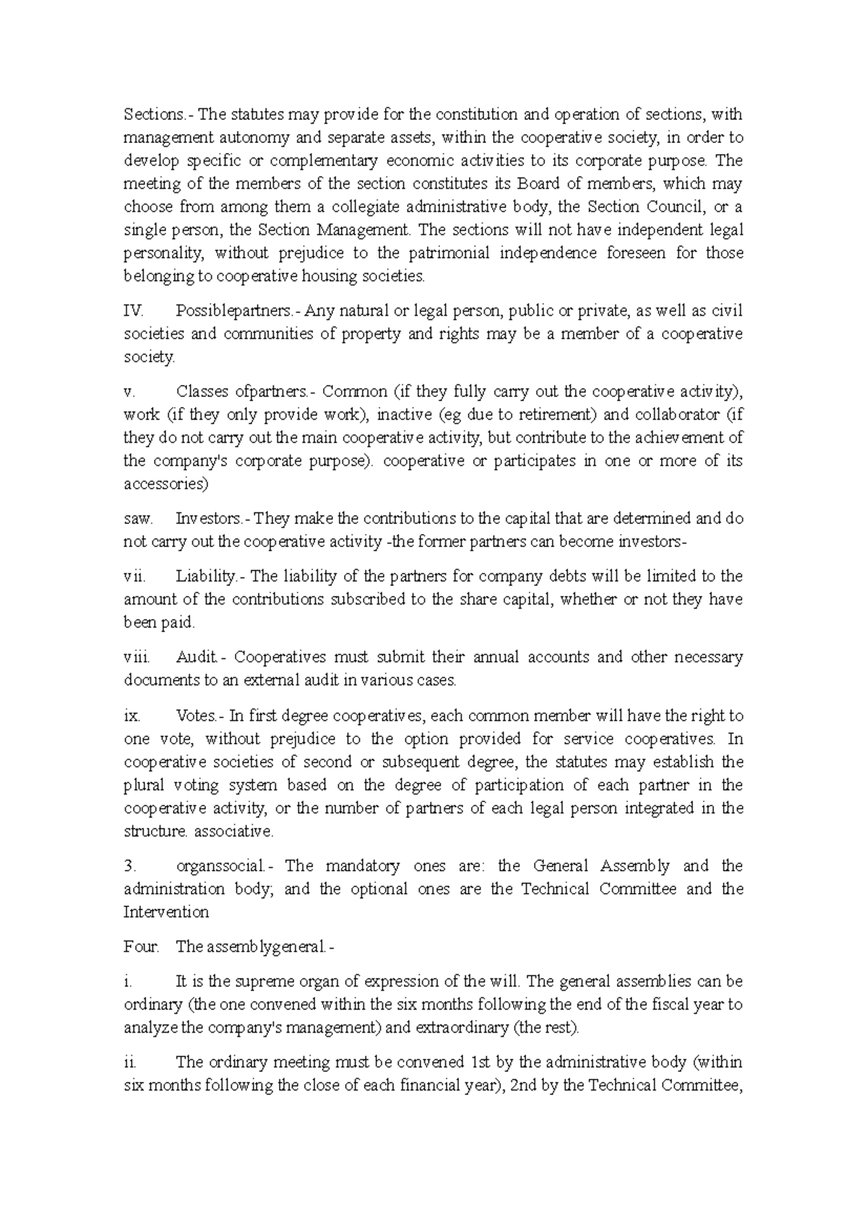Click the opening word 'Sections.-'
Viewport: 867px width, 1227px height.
(x=155, y=114)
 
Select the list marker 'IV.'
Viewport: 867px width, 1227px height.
(x=134, y=311)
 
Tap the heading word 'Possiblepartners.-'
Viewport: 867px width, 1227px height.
(x=236, y=311)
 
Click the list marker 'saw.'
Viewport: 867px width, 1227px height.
(x=137, y=518)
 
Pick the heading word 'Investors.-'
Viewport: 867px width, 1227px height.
(x=213, y=518)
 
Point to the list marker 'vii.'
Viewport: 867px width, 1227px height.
(x=134, y=576)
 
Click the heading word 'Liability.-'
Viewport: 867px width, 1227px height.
(x=211, y=576)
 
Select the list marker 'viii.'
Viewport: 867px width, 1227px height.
(x=137, y=657)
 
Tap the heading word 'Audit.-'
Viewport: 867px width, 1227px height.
(x=200, y=657)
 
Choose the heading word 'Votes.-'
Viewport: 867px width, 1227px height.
(x=200, y=715)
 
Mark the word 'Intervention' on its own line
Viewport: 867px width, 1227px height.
(x=165, y=912)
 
